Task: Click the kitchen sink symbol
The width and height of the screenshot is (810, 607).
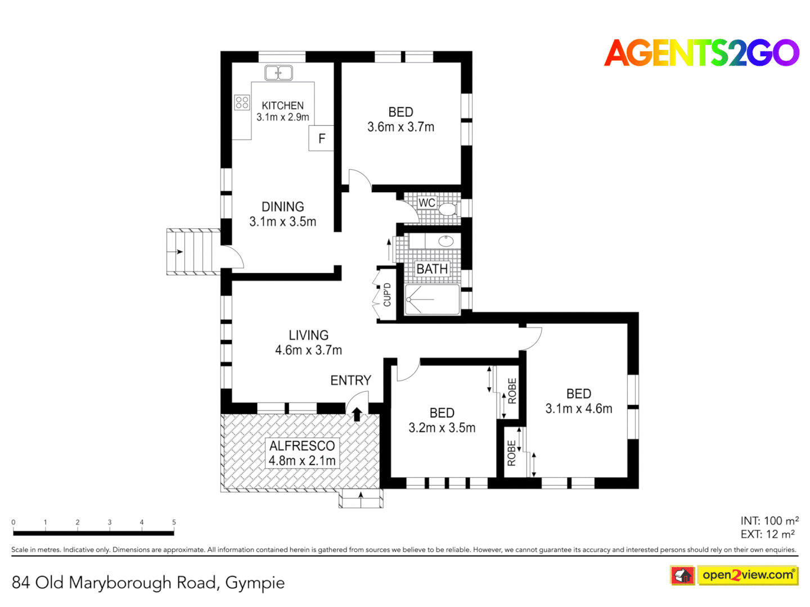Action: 278,73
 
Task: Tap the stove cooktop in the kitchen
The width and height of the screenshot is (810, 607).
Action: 242,102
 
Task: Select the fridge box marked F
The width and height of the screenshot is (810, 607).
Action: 321,138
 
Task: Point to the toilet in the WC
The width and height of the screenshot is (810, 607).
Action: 447,209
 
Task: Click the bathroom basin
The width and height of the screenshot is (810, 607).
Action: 445,242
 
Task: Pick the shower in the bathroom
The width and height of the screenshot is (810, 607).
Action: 432,300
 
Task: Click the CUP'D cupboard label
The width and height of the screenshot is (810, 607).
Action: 387,295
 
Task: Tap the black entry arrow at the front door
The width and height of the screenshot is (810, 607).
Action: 357,414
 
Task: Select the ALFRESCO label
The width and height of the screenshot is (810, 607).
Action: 302,446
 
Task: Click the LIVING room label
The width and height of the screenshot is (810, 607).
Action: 308,336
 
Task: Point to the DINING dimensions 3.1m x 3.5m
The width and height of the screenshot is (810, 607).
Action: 282,222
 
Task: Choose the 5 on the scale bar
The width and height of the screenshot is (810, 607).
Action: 174,522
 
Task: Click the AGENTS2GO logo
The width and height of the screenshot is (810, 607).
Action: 701,53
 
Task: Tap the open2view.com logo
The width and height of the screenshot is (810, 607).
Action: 748,575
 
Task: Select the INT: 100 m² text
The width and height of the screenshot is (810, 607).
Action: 769,521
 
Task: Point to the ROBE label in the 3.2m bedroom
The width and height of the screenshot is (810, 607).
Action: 512,391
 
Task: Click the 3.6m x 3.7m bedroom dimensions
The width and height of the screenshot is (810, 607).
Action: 400,127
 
